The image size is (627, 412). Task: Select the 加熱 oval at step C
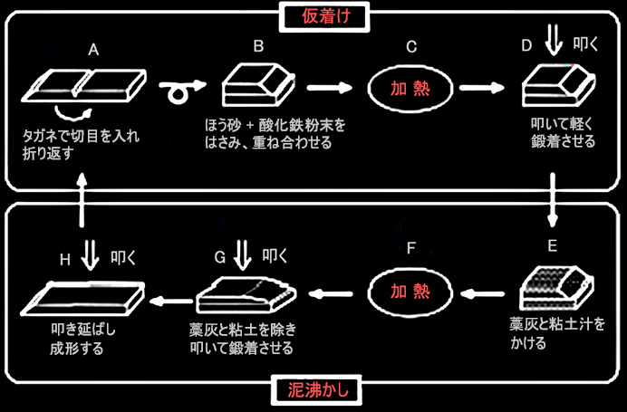tap(410, 88)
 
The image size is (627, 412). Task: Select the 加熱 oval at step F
tap(410, 292)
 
